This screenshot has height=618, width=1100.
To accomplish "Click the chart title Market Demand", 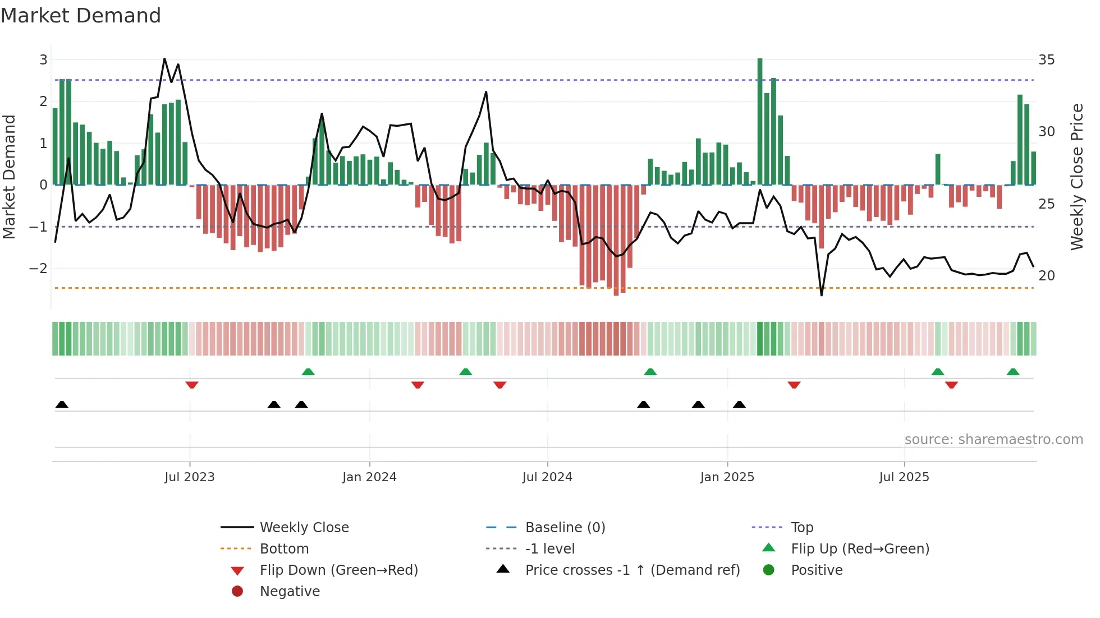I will click(x=81, y=16).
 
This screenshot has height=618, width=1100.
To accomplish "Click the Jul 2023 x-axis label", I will click(x=190, y=477).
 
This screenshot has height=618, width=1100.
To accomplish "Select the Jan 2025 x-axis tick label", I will click(x=727, y=477).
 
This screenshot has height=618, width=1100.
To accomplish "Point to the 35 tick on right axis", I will click(x=1046, y=59).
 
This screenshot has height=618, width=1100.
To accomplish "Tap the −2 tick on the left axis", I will click(x=38, y=268).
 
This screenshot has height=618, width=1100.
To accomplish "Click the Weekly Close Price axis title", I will click(x=1076, y=177).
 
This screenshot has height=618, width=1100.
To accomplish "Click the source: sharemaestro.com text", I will click(x=993, y=439).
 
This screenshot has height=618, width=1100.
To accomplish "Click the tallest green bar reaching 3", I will click(x=760, y=121).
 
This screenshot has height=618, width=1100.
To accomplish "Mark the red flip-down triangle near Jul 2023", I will click(x=192, y=385).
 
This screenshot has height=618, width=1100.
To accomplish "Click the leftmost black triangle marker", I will click(x=62, y=404).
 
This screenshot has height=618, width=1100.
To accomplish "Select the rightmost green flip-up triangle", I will click(x=1013, y=372).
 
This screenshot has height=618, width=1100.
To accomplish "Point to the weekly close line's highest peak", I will click(x=164, y=58).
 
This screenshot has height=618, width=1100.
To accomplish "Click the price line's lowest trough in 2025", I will click(x=822, y=295).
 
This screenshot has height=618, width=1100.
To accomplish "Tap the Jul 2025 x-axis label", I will click(x=904, y=477).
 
